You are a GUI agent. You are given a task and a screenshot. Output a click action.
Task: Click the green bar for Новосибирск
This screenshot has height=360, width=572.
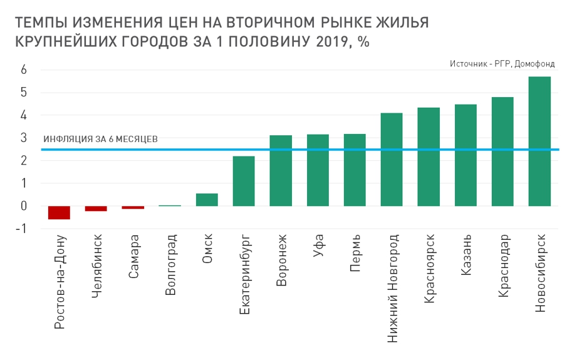(539, 141)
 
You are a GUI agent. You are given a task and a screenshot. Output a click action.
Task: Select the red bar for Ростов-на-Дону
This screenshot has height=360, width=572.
(60, 213)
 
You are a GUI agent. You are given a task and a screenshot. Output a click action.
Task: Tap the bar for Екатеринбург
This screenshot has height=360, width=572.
(244, 181)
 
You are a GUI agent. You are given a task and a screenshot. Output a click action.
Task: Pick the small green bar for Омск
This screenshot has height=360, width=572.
(207, 200)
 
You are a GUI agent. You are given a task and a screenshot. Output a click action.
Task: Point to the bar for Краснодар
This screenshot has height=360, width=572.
(502, 152)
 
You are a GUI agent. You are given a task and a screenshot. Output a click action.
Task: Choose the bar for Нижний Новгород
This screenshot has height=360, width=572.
(392, 159)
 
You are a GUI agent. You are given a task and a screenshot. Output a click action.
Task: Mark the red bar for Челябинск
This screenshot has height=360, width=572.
(96, 208)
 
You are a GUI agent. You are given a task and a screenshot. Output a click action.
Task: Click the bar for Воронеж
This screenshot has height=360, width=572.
(281, 170)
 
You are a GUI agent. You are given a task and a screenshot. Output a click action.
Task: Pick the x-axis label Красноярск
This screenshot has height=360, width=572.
(429, 269)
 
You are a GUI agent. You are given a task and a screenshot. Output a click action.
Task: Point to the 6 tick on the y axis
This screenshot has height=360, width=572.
(23, 70)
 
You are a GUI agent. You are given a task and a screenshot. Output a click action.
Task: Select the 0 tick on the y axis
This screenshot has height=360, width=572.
(23, 206)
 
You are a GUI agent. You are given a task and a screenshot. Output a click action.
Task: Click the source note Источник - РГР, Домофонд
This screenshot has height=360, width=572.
(502, 64)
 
